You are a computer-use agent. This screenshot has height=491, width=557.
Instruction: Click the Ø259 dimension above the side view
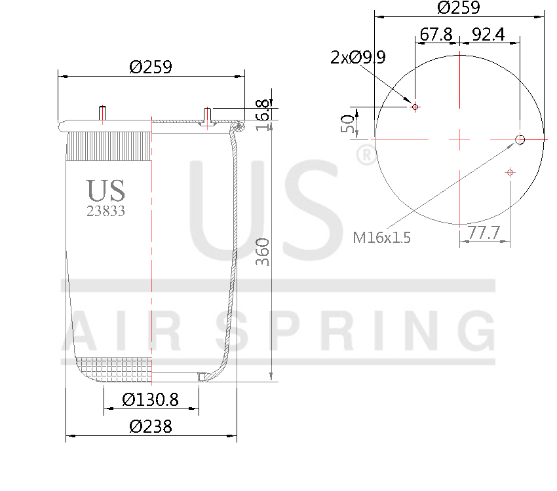[x=151, y=67]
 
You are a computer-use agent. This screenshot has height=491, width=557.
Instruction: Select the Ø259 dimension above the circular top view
[x=459, y=8]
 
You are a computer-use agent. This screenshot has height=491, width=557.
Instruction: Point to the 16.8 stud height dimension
[x=263, y=114]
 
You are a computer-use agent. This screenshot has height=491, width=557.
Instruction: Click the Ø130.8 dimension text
[x=151, y=399]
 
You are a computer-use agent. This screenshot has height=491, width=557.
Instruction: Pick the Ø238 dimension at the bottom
[x=151, y=426]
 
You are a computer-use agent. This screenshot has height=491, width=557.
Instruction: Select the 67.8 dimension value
[x=436, y=35]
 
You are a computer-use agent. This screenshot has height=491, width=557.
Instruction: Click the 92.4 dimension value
[x=488, y=35]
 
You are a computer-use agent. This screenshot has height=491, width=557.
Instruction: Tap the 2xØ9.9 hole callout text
[x=358, y=58]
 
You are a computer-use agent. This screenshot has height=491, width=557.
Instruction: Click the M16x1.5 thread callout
[x=382, y=238]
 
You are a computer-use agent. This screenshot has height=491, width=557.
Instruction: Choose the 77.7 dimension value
[x=484, y=232]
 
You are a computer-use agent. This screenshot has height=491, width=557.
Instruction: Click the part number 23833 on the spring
[x=106, y=211]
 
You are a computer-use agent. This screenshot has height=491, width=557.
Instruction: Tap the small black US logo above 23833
[x=106, y=190]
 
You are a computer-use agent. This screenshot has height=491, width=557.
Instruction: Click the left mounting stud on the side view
[x=102, y=114]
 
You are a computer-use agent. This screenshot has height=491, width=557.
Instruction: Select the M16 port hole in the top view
[x=520, y=139]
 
